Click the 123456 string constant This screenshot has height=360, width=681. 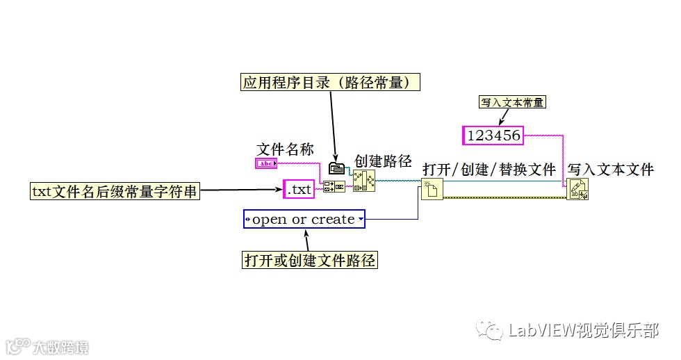point(494,136)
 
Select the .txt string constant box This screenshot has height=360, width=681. point(300,188)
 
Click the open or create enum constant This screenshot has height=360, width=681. point(304,220)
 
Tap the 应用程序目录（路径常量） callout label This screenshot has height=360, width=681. point(331,83)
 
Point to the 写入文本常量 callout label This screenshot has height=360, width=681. point(512,102)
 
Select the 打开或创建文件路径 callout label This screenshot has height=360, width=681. point(310,261)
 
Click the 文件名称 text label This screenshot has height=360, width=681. point(285,149)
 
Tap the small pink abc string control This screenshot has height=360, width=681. point(266,163)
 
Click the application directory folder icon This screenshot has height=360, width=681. point(336,169)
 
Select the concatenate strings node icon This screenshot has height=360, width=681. point(333,187)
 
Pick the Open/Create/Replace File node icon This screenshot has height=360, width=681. point(431,188)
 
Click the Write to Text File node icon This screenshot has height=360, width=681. point(577,188)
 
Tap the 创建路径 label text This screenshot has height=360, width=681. point(383,162)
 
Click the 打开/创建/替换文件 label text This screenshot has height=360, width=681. point(489,169)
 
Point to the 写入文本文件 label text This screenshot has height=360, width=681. point(611,169)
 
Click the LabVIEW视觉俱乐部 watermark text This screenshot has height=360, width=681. point(584,330)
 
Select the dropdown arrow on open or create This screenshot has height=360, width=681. point(360,220)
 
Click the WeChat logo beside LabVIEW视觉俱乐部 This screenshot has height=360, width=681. point(494,330)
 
